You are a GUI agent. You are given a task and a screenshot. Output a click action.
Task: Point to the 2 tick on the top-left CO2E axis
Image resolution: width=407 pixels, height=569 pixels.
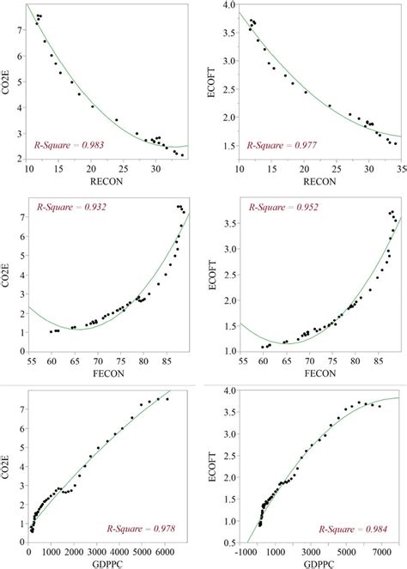21,159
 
